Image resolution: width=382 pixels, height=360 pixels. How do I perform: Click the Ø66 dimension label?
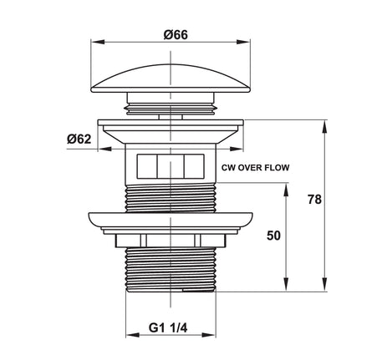(176, 35)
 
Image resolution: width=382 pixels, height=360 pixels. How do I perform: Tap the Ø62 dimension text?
(79, 139)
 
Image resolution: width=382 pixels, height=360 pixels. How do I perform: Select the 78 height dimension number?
(314, 200)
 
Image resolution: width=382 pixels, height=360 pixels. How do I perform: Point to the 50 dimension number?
(273, 236)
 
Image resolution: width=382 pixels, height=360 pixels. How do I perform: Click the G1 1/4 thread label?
(168, 327)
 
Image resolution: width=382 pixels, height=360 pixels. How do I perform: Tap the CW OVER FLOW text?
(256, 168)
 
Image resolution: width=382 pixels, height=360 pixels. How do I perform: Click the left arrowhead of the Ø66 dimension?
(98, 42)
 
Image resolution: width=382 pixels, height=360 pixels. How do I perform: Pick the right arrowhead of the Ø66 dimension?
(243, 42)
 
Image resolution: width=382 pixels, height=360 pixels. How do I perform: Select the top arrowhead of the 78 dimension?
(324, 127)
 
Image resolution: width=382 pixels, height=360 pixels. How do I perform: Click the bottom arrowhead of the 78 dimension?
(324, 285)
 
